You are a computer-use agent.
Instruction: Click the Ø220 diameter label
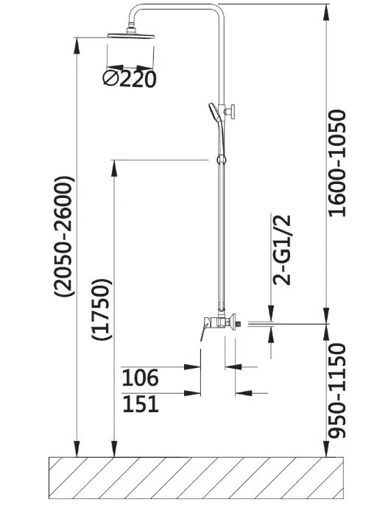[x=130, y=79]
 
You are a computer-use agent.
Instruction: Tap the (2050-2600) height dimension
[x=64, y=236]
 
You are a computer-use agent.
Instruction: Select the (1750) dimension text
[x=102, y=309]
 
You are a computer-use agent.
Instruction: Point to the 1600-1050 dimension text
[x=337, y=163]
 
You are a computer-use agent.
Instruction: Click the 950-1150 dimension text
[x=337, y=391]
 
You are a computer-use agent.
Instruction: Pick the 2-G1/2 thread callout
[x=282, y=250]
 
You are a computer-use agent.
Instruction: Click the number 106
[x=141, y=378]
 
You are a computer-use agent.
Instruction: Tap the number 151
[x=141, y=404]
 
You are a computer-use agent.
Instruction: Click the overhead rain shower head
[x=131, y=34]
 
